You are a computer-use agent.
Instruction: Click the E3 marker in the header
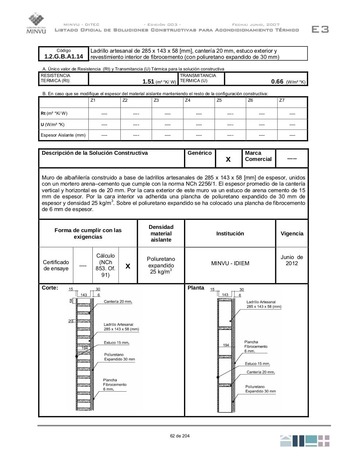tap(320, 29)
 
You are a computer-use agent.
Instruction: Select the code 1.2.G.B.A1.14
tap(64, 56)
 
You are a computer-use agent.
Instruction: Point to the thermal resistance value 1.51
tap(148, 82)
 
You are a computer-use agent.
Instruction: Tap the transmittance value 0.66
tap(277, 82)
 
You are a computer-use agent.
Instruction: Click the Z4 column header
tap(188, 100)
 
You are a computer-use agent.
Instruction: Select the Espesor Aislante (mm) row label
tap(63, 135)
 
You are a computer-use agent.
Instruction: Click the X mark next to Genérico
tap(228, 159)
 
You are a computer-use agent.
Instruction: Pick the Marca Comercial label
tap(258, 156)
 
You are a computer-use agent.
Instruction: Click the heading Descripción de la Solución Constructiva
tap(95, 153)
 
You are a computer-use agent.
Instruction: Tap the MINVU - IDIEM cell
tap(230, 263)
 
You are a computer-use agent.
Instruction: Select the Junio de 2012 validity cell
tap(292, 260)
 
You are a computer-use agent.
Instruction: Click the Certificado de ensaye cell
tap(56, 266)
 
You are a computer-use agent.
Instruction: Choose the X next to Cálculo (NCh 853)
tap(128, 266)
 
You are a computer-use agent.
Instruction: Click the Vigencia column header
tap(292, 234)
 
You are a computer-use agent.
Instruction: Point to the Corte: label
tap(50, 288)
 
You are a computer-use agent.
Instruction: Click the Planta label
tap(196, 288)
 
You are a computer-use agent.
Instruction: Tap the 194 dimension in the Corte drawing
tap(84, 348)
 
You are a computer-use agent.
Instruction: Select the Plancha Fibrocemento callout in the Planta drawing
tap(256, 347)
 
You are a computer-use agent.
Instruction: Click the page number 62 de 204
tap(180, 436)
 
